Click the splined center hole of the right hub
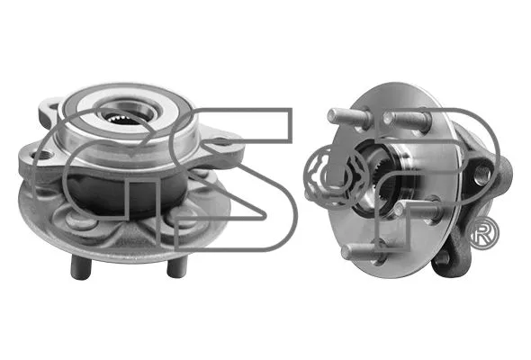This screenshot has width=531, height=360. coord(375,181)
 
